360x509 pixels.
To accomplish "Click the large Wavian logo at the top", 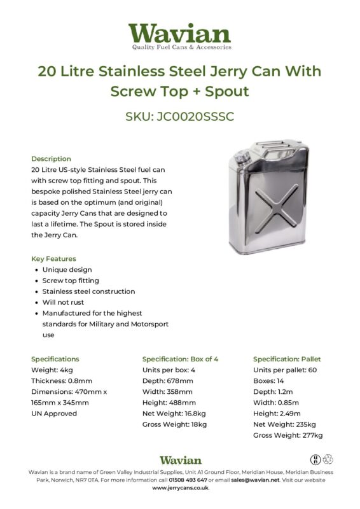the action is pyautogui.click(x=179, y=35).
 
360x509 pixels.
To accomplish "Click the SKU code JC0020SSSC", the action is pyautogui.click(x=179, y=116).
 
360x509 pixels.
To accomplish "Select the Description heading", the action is pyautogui.click(x=51, y=158).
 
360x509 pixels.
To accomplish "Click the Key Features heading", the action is pyautogui.click(x=53, y=259).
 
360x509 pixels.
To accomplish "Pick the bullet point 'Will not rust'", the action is pyautogui.click(x=63, y=302).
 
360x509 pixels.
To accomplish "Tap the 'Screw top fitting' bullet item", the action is pyautogui.click(x=71, y=281).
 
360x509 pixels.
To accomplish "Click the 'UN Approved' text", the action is pyautogui.click(x=54, y=413).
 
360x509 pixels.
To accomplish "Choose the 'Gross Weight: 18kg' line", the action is pyautogui.click(x=174, y=424).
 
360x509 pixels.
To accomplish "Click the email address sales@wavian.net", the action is pyautogui.click(x=255, y=480).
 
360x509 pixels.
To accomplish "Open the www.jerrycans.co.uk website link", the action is pyautogui.click(x=180, y=488).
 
